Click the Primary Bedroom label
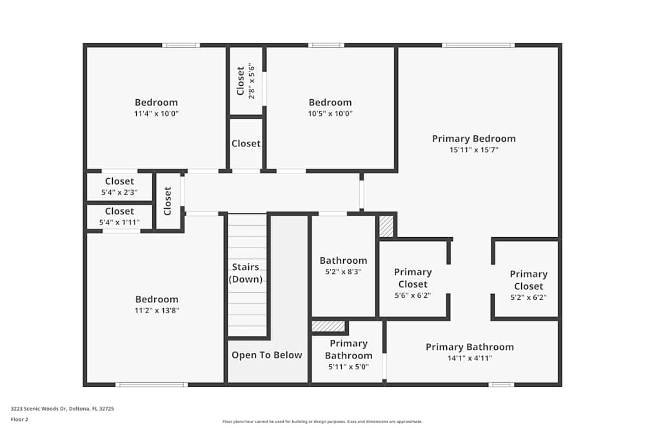click(x=473, y=139)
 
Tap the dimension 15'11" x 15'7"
click(x=473, y=150)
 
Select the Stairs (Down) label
click(x=246, y=273)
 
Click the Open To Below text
click(x=266, y=355)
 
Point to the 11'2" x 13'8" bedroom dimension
click(x=156, y=310)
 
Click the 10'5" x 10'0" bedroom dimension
click(x=330, y=113)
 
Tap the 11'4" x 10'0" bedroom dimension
click(x=156, y=113)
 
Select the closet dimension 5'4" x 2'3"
click(x=119, y=192)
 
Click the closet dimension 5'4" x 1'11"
click(x=119, y=222)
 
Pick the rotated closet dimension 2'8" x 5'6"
click(x=252, y=81)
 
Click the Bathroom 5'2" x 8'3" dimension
click(x=343, y=272)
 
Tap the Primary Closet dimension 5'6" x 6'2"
click(x=412, y=295)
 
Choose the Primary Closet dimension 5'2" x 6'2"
click(x=528, y=297)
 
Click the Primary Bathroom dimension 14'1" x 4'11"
click(x=470, y=358)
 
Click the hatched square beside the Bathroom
click(x=386, y=226)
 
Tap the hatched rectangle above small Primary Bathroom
click(x=328, y=326)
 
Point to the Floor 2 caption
click(x=19, y=419)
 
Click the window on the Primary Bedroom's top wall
click(x=478, y=45)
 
